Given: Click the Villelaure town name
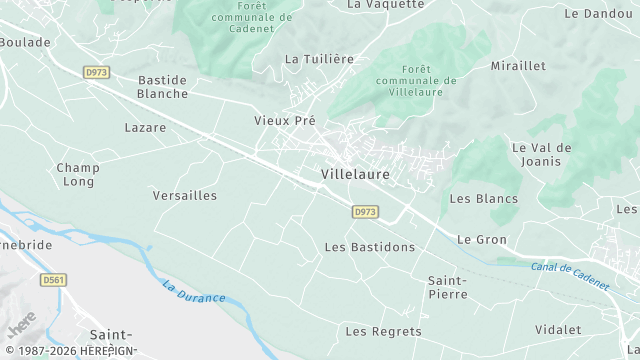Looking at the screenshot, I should [355, 174].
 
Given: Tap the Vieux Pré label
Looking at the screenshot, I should [285, 120].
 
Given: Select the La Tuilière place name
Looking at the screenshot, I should [320, 59].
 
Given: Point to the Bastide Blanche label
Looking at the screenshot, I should [162, 86].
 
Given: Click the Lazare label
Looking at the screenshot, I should [145, 128].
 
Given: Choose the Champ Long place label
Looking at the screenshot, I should [77, 174].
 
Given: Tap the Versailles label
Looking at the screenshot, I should [185, 196].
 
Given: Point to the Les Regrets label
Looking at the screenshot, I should [383, 331].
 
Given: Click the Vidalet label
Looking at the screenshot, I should [558, 329].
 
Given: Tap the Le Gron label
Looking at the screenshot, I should [482, 240].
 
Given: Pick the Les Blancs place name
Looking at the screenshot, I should [484, 199].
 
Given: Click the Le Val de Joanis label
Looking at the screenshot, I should [541, 154].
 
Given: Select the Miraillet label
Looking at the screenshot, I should [518, 66].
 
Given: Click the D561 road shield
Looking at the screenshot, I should [53, 281].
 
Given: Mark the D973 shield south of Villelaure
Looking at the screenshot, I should [365, 212].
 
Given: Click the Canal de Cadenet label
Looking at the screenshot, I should [569, 276].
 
